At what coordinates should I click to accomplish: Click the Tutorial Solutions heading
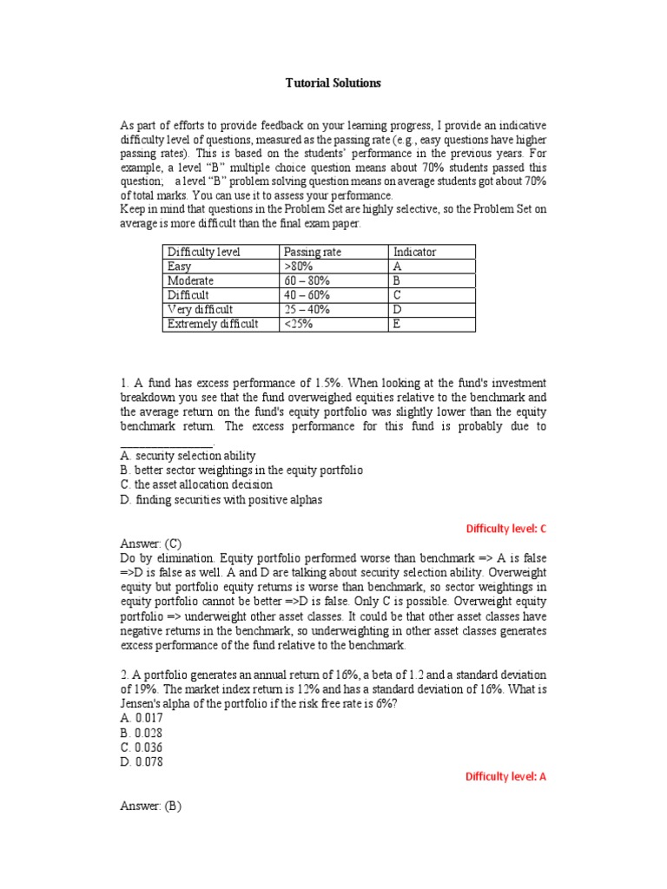point(333,83)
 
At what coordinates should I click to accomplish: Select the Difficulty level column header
point(203,252)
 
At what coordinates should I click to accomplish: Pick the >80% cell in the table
point(297,267)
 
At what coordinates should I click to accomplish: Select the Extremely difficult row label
point(212,324)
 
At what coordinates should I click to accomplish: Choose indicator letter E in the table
point(397,324)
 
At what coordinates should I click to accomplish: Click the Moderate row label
point(190,281)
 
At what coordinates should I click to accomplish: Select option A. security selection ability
point(188,455)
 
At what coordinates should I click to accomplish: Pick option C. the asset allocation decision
point(195,484)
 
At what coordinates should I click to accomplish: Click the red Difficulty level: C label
point(505,528)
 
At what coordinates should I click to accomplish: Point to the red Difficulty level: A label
point(505,777)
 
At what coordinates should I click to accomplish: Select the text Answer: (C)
point(150,543)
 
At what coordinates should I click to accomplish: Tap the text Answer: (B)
point(150,806)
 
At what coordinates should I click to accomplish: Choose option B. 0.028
point(141,733)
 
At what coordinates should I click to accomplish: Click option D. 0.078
point(141,762)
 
